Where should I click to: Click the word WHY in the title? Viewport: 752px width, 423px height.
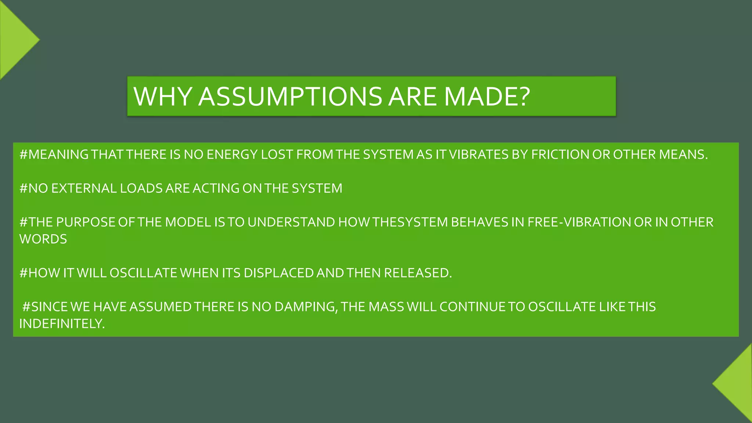pyautogui.click(x=163, y=97)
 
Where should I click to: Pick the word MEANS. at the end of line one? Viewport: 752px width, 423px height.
pyautogui.click(x=683, y=155)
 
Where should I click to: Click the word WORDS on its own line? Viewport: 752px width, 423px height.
pyautogui.click(x=43, y=239)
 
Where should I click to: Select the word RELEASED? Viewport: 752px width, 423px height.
pyautogui.click(x=418, y=273)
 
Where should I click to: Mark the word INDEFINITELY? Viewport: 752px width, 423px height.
pyautogui.click(x=62, y=323)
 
